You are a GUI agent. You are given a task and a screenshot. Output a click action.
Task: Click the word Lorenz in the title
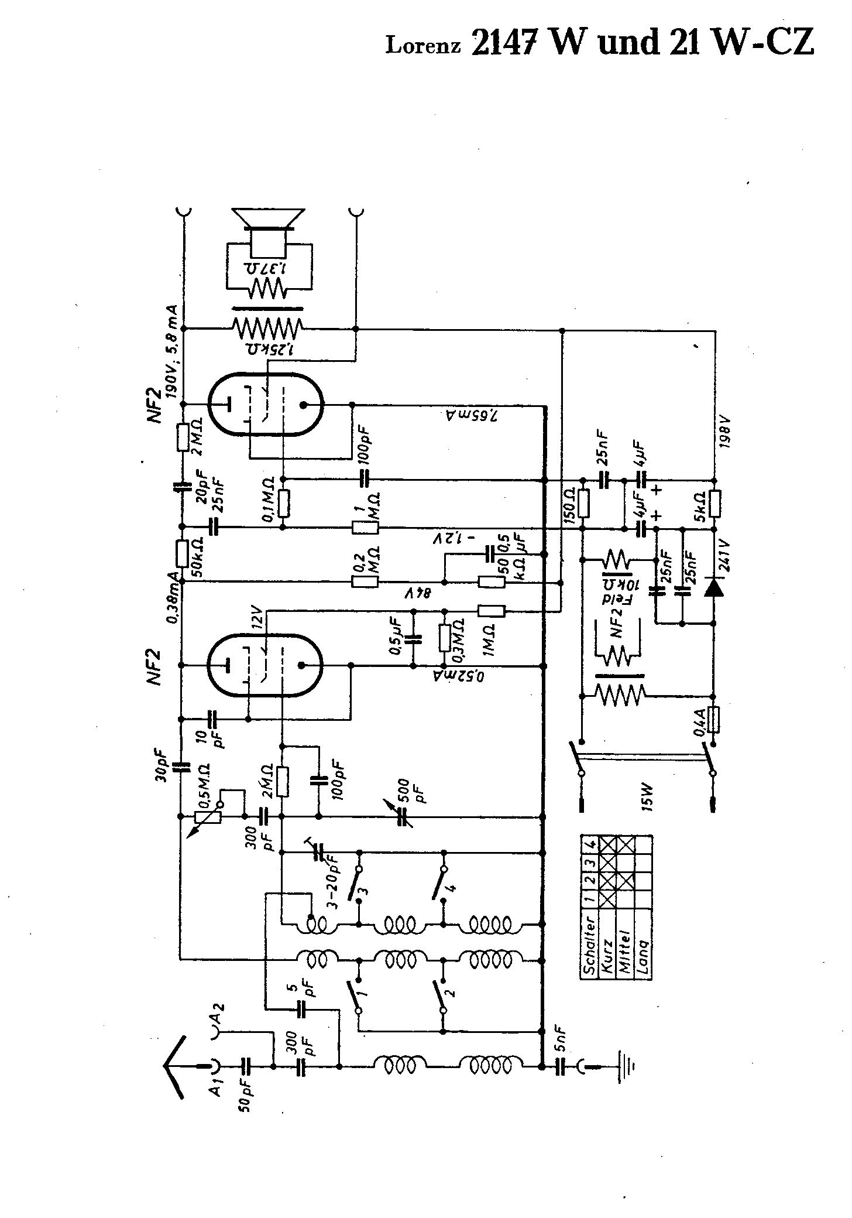[x=423, y=45]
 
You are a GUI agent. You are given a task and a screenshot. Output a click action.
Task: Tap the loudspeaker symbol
[x=268, y=225]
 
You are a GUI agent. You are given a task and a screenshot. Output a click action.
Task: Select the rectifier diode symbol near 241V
[x=713, y=587]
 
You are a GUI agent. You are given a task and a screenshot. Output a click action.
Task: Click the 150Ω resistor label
[x=568, y=500]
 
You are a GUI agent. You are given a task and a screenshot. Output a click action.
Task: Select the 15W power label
[x=647, y=798]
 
